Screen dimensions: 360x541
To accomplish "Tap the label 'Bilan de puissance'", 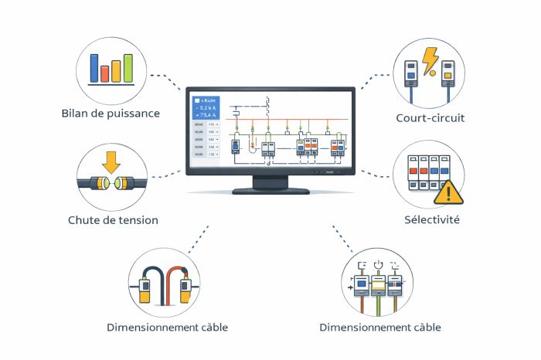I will tap(111, 114).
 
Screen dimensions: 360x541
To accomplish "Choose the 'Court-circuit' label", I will tap(430, 118).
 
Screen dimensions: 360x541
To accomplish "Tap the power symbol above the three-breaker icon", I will tap(378, 267).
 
